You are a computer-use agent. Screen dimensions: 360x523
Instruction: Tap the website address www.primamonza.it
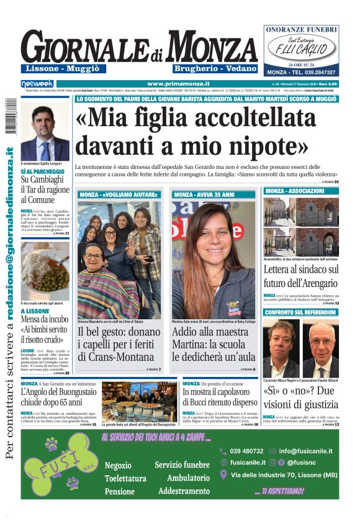pyautogui.click(x=178, y=83)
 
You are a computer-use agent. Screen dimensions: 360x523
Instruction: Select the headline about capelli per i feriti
pyautogui.click(x=119, y=345)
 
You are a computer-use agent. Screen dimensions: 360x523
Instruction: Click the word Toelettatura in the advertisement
pyautogui.click(x=125, y=478)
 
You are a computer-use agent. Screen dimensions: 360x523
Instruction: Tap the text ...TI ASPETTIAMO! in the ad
pyautogui.click(x=279, y=490)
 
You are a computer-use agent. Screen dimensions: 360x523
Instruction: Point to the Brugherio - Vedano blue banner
pyautogui.click(x=206, y=67)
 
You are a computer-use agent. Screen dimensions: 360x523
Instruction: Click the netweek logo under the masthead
pyautogui.click(x=37, y=83)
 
